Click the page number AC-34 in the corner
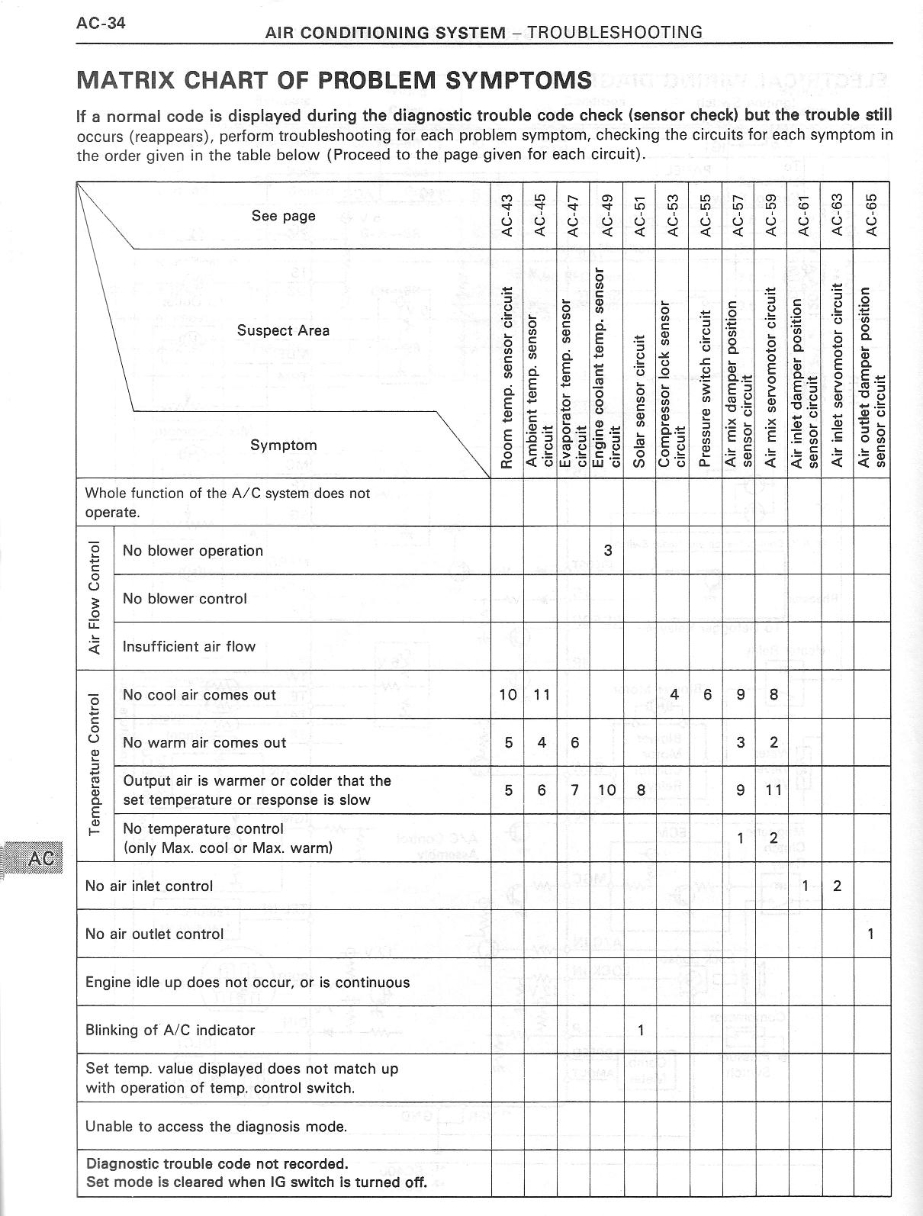pos(101,22)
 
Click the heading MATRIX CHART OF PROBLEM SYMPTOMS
pos(334,80)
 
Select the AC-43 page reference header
pos(507,215)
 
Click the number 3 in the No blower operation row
pos(608,550)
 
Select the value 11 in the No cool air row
pos(542,694)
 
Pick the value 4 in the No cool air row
pos(674,694)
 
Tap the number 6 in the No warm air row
pos(575,742)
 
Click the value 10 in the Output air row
pos(607,790)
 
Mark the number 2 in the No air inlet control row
pos(838,886)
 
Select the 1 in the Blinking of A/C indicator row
pos(641,1030)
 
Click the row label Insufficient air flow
pos(189,646)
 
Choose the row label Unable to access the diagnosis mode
pos(216,1126)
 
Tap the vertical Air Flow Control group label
pos(95,598)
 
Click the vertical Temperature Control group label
pos(95,766)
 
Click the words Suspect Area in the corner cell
pos(283,330)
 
